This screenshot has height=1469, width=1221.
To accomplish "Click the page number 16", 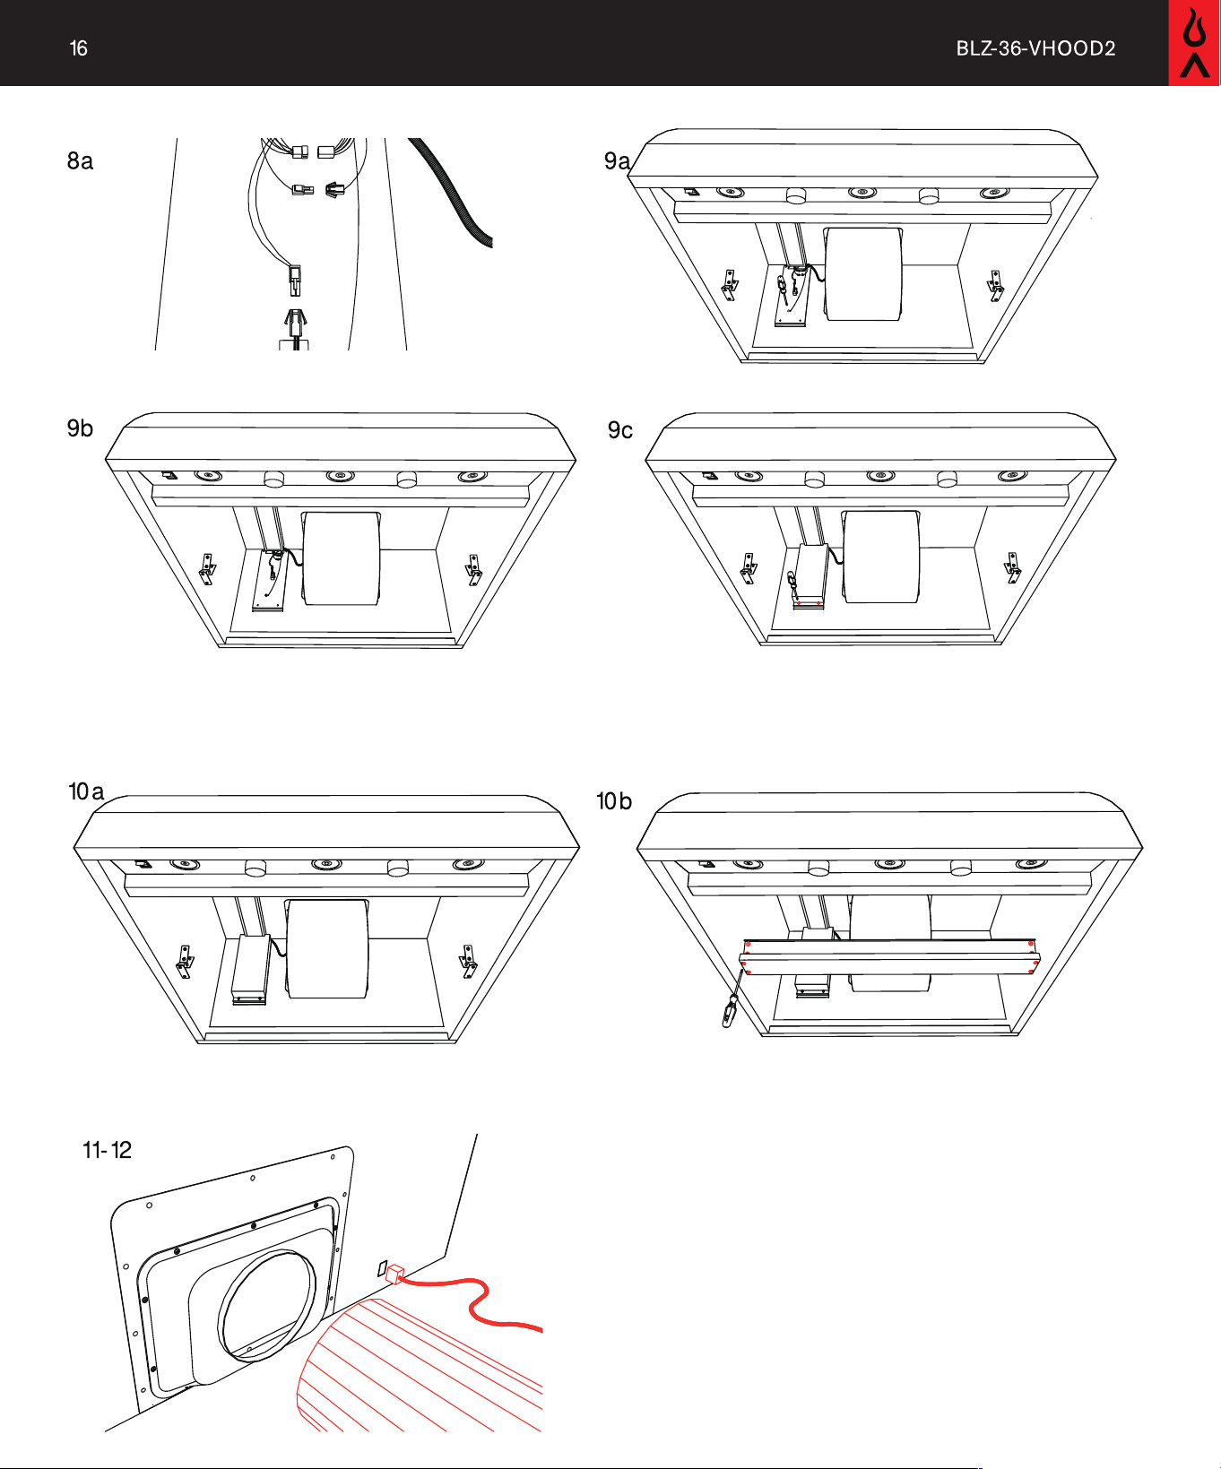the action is click(79, 48).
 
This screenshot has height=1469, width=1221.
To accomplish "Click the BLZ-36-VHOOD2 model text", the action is click(1035, 48).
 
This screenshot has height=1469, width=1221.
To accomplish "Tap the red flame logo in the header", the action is click(1194, 43).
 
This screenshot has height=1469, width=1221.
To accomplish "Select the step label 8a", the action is click(80, 161).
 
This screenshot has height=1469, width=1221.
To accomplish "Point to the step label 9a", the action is click(617, 161).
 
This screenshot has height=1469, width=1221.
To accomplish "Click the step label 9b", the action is click(80, 428).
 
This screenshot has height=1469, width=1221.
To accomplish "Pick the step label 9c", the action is click(620, 430).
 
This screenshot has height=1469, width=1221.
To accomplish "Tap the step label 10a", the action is click(86, 791).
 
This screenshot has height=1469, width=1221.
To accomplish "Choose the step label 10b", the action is click(614, 801).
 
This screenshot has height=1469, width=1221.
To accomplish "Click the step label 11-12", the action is click(107, 1150).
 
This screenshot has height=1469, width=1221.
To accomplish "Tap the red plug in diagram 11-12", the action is click(394, 1274).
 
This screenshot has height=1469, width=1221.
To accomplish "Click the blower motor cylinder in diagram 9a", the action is click(863, 273).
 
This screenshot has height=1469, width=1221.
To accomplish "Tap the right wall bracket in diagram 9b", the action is click(472, 569).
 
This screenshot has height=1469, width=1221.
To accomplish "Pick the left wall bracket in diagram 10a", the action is click(185, 962).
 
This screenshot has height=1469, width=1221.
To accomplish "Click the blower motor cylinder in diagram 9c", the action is click(881, 557).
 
